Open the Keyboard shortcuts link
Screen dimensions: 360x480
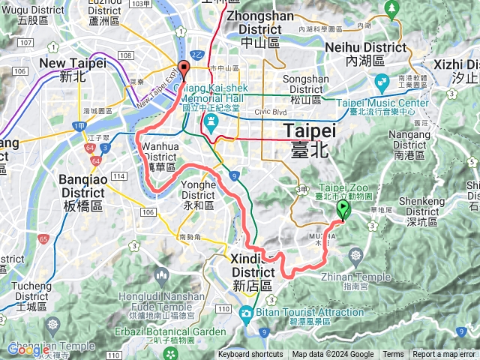tap(251, 355)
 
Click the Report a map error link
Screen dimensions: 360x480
tap(444, 355)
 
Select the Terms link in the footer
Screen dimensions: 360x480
tap(393, 355)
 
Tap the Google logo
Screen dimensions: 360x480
tap(28, 349)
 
